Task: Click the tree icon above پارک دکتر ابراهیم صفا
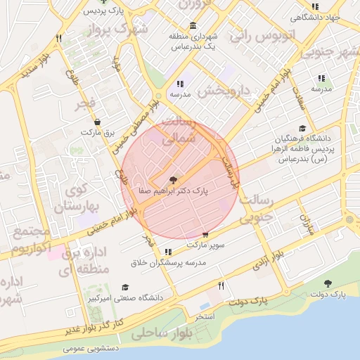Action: click(174, 180)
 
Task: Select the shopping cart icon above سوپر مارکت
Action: click(205, 235)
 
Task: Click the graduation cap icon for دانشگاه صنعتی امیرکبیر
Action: click(125, 288)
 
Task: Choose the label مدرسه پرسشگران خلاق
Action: click(168, 262)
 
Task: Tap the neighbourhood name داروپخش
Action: click(224, 91)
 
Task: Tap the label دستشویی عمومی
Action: click(91, 348)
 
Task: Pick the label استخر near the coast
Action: click(207, 318)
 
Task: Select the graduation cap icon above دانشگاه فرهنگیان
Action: click(302, 128)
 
